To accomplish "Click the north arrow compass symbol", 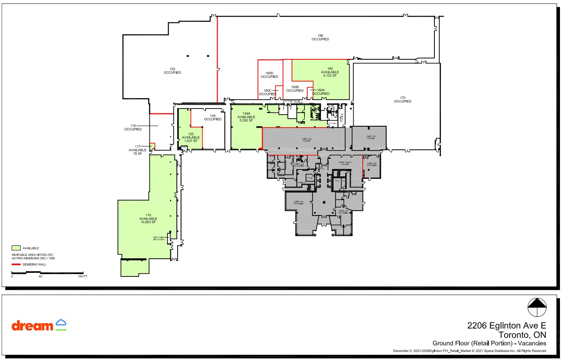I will tap(537, 308).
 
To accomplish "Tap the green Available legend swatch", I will tap(16, 248).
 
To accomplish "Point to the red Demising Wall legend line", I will tap(16, 264).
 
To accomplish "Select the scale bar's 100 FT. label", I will tap(83, 276).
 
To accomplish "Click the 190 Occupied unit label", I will tap(320, 38).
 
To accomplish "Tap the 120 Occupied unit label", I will tap(172, 71).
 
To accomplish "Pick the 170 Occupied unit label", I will tap(403, 100).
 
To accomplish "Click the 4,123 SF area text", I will tap(330, 75).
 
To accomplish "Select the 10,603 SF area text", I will tap(148, 222).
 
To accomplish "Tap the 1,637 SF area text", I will tap(191, 141).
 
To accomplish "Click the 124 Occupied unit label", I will tap(213, 117).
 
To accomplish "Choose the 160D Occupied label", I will tap(269, 75).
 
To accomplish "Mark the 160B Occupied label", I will tap(295, 89).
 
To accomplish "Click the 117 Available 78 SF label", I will tap(138, 150).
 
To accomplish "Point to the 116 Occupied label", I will tap(133, 128).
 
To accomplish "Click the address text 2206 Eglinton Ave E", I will tap(506, 325).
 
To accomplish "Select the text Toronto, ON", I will tap(522, 335).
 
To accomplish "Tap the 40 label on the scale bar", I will tap(40, 276).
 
